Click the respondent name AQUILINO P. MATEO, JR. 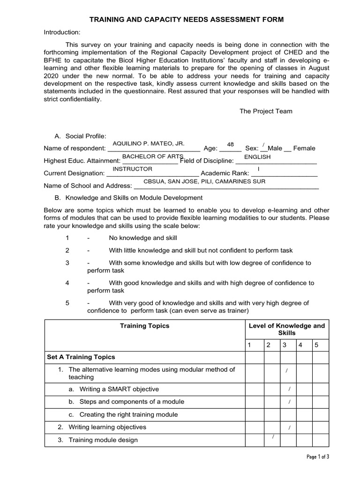click(x=149, y=142)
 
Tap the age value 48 click(x=230, y=144)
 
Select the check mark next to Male click(x=264, y=144)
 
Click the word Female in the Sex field click(x=304, y=148)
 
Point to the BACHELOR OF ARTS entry click(x=150, y=156)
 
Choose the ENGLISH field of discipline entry click(x=257, y=157)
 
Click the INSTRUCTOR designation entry click(x=133, y=169)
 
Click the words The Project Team click(x=266, y=111)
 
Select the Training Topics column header click(x=145, y=325)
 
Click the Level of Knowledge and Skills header click(x=286, y=329)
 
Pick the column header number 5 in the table click(x=316, y=345)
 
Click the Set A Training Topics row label click(x=81, y=357)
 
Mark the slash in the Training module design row click(x=273, y=437)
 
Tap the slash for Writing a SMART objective click(x=290, y=389)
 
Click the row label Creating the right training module click(x=128, y=414)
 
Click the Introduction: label click(x=62, y=32)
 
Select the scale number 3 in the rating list click(x=67, y=263)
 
